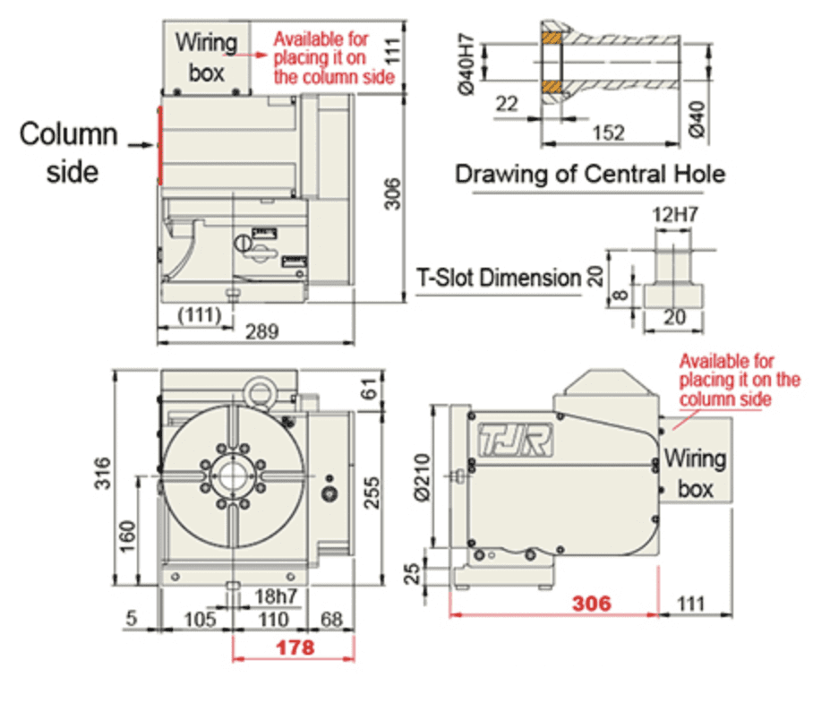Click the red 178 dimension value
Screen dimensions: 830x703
point(295,647)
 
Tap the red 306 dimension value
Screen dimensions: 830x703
point(591,603)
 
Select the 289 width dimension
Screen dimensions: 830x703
point(261,332)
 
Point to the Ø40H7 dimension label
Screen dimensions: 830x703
point(466,64)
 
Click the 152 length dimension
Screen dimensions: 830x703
point(608,133)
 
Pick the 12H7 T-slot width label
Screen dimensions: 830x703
point(675,214)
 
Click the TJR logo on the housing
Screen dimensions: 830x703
point(515,440)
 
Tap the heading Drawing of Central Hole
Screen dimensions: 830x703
point(590,174)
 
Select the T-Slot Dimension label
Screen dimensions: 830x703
point(499,278)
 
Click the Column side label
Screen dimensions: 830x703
point(69,152)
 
